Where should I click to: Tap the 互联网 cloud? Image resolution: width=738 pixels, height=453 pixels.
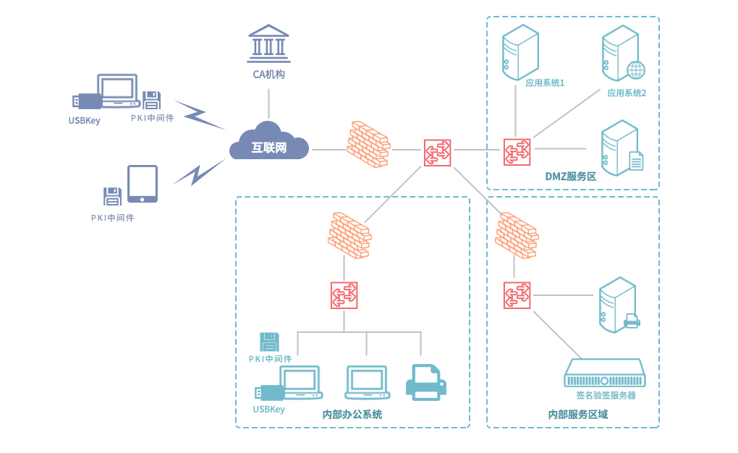[268, 146]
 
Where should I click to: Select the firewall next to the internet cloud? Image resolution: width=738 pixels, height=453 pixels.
[368, 144]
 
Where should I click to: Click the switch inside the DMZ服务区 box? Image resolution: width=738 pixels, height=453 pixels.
[517, 151]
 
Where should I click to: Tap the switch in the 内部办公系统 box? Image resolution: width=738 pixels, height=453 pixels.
[344, 295]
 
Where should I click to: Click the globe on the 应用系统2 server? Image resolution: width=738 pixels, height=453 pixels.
[635, 70]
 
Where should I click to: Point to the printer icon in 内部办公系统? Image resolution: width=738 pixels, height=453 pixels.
[425, 382]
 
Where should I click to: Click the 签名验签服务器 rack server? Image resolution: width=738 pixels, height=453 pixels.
[604, 373]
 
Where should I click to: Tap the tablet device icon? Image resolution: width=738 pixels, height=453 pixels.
[143, 184]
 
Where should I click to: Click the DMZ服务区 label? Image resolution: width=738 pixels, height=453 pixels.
[570, 177]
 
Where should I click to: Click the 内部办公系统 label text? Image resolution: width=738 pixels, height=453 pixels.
[352, 415]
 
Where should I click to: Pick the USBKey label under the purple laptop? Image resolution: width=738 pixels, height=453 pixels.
[85, 120]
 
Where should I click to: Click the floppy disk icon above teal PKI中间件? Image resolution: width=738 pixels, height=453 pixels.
[269, 342]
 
